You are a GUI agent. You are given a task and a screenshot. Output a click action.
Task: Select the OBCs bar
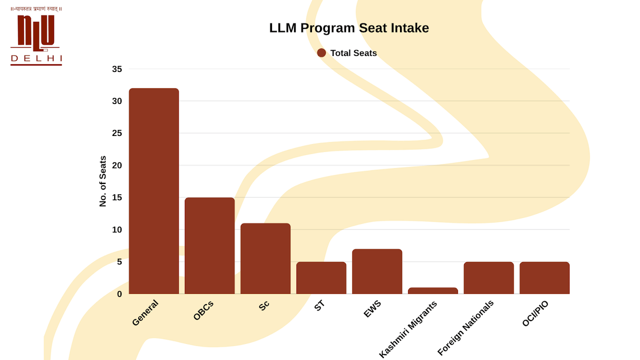(x=210, y=246)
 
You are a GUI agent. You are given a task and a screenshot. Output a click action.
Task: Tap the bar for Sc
(x=266, y=259)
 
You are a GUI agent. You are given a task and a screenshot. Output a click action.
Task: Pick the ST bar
(x=321, y=278)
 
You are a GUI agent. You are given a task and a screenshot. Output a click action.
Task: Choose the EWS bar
(x=377, y=271)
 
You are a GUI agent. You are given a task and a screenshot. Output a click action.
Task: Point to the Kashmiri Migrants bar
(x=433, y=291)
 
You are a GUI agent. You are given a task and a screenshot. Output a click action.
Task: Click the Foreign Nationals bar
(x=489, y=278)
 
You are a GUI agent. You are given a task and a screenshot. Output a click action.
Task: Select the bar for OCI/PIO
(x=545, y=278)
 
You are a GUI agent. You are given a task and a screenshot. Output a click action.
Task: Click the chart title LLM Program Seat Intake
(x=349, y=28)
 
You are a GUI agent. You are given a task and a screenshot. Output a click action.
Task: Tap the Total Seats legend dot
(x=322, y=53)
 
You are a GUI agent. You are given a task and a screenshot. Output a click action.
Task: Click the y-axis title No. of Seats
(x=103, y=181)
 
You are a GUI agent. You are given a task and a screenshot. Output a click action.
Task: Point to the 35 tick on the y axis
(x=117, y=69)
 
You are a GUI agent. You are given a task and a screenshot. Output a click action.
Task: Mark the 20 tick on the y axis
(x=117, y=165)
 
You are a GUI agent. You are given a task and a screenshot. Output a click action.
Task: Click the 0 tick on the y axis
(x=119, y=294)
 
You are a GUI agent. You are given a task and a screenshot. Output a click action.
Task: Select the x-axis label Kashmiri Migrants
(x=409, y=329)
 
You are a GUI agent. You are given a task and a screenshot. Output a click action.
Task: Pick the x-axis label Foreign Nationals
(x=466, y=327)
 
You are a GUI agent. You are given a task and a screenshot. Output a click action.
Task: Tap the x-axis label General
(x=145, y=313)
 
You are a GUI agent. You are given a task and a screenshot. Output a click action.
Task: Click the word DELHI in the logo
(x=36, y=58)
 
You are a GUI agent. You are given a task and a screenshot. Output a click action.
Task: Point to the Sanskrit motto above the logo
(x=36, y=9)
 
